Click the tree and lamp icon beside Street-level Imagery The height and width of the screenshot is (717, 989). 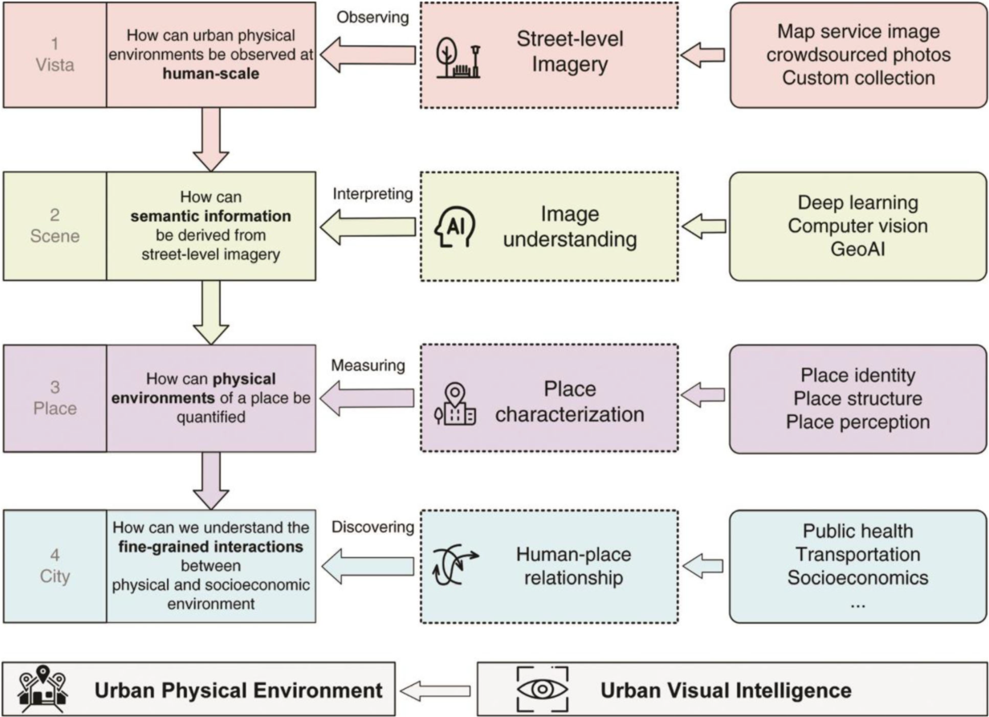(459, 56)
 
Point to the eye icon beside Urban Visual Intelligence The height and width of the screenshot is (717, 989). (543, 690)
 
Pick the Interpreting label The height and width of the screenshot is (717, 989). (371, 194)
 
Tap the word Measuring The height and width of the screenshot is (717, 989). (368, 366)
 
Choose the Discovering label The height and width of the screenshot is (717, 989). (372, 528)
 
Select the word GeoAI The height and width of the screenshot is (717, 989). (857, 249)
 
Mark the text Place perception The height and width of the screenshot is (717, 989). (857, 422)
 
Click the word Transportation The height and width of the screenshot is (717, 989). (857, 554)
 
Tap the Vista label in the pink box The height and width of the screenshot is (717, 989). (55, 65)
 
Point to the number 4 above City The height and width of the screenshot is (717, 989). (55, 554)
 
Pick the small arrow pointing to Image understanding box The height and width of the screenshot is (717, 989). (703, 227)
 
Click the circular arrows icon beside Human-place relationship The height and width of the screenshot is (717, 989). (455, 565)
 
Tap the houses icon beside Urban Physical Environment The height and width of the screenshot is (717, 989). (45, 690)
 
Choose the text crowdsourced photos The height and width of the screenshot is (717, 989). (857, 55)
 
